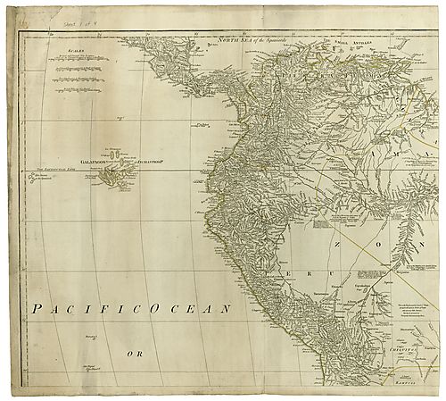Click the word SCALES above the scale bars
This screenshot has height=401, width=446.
pos(76,52)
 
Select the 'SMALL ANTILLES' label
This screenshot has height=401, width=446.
pos(343,41)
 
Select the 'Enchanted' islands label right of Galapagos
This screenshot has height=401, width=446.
pos(152,162)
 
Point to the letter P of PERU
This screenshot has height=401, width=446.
pos(283,264)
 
